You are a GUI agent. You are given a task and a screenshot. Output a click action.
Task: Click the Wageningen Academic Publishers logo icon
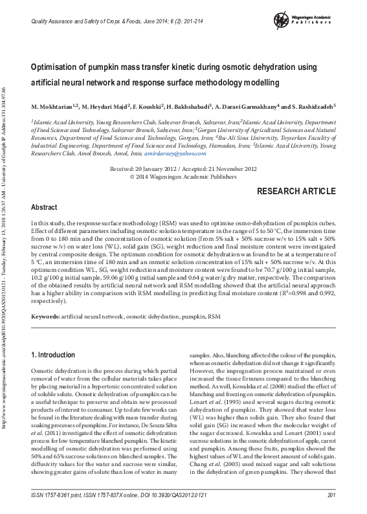[x=281, y=20]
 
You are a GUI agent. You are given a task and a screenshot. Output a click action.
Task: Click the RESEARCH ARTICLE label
[x=296, y=192]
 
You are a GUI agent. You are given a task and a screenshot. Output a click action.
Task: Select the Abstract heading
[x=44, y=208]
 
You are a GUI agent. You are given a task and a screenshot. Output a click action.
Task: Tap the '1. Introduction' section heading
[x=54, y=355]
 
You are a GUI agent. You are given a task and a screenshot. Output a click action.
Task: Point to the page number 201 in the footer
[x=330, y=495]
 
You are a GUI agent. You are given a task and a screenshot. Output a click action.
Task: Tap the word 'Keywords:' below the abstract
[x=45, y=317]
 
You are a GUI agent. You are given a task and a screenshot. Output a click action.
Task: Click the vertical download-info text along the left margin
[x=5, y=259]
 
